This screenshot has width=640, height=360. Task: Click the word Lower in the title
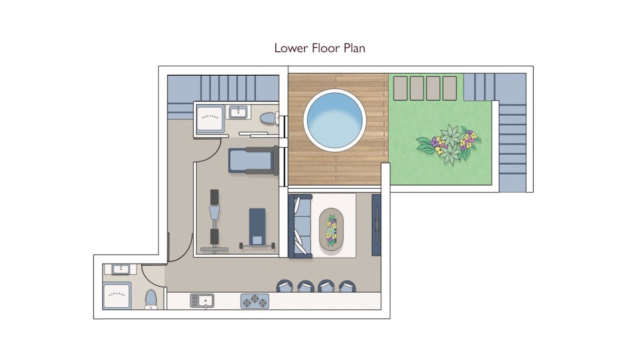(x=291, y=48)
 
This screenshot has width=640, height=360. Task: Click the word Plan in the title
(x=354, y=48)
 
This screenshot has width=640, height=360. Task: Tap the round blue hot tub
(x=334, y=121)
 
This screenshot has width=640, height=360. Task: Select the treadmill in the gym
(x=253, y=161)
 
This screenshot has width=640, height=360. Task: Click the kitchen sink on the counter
(x=202, y=301)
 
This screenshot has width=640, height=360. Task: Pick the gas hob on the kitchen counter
(x=255, y=301)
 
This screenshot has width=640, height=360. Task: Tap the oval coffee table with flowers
(x=331, y=229)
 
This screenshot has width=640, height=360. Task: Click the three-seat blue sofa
(x=300, y=226)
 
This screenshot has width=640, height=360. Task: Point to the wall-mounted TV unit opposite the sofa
(x=377, y=225)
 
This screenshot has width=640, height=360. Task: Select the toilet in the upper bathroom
(x=268, y=118)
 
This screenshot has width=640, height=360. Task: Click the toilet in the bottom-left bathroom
(x=150, y=299)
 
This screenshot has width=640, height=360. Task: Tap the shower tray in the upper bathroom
(x=210, y=119)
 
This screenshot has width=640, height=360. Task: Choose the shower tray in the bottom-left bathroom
(x=117, y=295)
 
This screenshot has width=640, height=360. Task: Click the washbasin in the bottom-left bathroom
(x=121, y=269)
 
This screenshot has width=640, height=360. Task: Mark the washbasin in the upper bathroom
(x=238, y=111)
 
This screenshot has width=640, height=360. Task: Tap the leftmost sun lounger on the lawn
(x=401, y=88)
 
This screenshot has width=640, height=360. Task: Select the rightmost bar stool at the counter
(x=347, y=286)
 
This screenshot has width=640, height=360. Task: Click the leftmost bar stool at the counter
(x=285, y=286)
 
